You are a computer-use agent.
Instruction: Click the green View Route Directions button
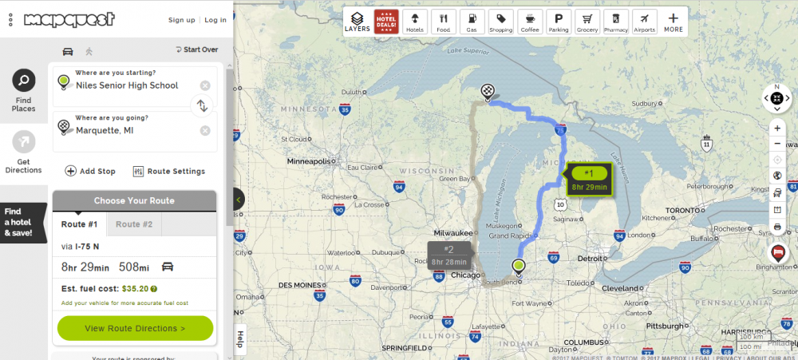(135, 328)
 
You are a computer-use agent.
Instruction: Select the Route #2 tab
(134, 224)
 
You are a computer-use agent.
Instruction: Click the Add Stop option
(90, 171)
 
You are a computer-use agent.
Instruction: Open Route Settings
(168, 171)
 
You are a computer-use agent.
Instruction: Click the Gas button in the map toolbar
(472, 21)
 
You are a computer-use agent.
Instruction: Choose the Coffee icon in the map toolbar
(530, 21)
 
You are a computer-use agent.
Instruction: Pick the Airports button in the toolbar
(644, 21)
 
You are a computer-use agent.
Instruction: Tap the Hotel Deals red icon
(386, 21)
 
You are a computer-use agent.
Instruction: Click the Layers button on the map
(358, 21)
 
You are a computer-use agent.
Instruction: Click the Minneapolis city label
(308, 160)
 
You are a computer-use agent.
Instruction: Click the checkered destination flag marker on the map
(487, 91)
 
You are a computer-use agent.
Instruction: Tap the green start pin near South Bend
(519, 266)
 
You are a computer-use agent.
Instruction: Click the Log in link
(215, 20)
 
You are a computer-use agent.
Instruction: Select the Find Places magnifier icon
(24, 81)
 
